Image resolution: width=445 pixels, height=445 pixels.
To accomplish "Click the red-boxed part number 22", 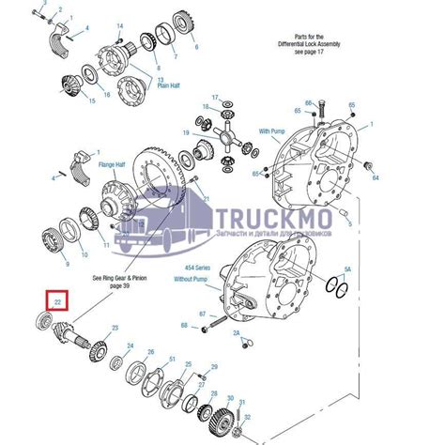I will pyautogui.click(x=57, y=302).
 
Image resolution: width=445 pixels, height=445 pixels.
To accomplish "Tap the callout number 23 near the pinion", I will pyautogui.click(x=115, y=328).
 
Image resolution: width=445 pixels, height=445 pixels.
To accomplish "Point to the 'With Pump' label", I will pyautogui.click(x=271, y=130).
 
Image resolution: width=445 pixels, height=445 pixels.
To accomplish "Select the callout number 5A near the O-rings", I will pyautogui.click(x=346, y=269).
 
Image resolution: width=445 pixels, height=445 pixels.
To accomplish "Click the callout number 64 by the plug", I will pyautogui.click(x=376, y=176).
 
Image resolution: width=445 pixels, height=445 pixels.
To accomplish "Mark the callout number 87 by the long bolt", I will pyautogui.click(x=203, y=313).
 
